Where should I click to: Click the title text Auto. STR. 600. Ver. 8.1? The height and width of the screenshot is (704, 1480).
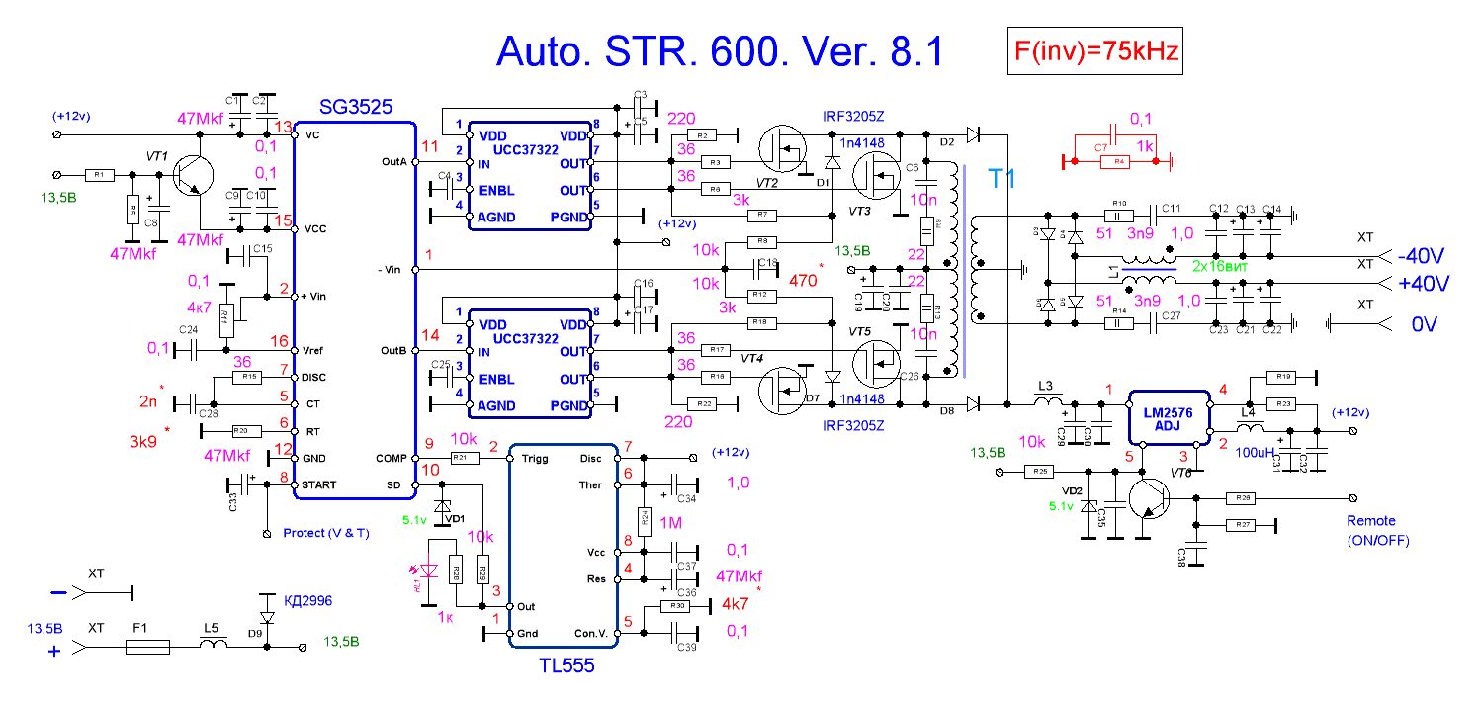tap(720, 51)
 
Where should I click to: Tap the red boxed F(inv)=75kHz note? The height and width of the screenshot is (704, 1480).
tap(1090, 52)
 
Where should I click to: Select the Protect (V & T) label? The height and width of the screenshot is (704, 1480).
tap(326, 532)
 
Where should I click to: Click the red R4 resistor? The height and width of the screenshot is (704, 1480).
tap(1119, 160)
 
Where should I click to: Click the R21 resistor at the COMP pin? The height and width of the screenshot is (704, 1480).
tap(461, 458)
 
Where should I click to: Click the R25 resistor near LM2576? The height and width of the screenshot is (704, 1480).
tap(1039, 472)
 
